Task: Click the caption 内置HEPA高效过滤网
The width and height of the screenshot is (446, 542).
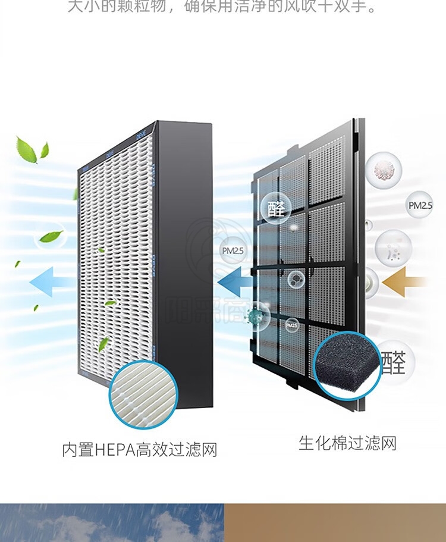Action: pyautogui.click(x=140, y=449)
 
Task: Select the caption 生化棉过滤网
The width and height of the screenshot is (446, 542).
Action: pyautogui.click(x=347, y=443)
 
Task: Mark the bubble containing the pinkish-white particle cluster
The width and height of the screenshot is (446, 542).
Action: pyautogui.click(x=384, y=168)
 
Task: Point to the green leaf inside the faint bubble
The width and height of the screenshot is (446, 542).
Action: pyautogui.click(x=51, y=236)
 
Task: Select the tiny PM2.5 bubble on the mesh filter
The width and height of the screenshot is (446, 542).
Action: pyautogui.click(x=291, y=325)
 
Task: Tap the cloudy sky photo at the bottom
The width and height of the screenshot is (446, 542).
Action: pyautogui.click(x=112, y=522)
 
